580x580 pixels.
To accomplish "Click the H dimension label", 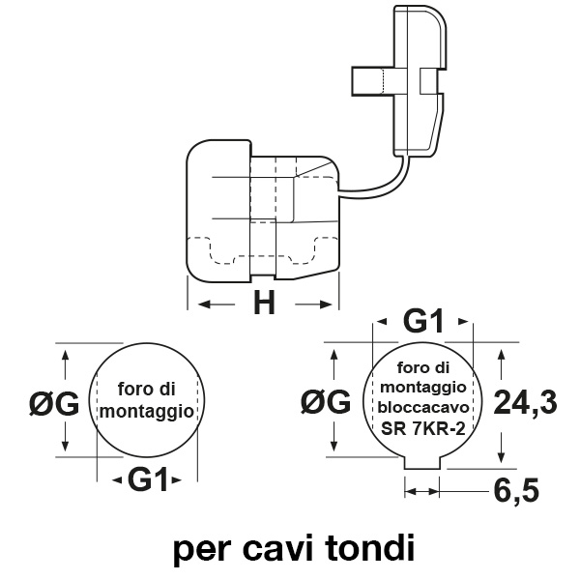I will [x=264, y=304].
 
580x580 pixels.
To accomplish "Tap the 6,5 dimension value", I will [x=515, y=490].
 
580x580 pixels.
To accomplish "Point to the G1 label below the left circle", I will [x=148, y=478].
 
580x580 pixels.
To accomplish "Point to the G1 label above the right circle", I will [x=422, y=321].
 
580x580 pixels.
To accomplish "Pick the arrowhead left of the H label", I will [x=206, y=305].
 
